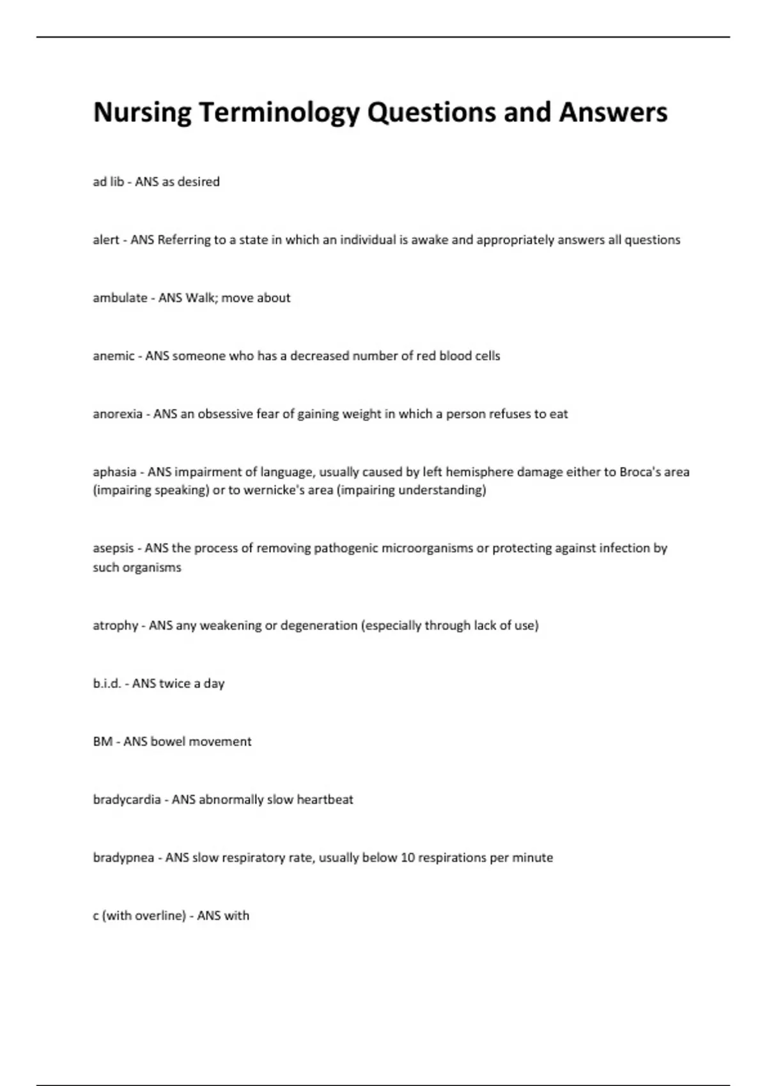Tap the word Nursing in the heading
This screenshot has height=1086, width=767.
click(142, 113)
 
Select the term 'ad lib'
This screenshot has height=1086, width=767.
click(108, 182)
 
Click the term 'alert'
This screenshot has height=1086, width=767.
click(106, 240)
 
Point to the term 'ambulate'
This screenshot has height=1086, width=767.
click(120, 298)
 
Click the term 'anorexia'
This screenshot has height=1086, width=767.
click(118, 415)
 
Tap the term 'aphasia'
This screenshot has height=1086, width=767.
click(114, 473)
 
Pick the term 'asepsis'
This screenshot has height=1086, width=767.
click(113, 549)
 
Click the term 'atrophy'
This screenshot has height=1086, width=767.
click(116, 626)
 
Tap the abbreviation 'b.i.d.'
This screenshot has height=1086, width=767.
click(107, 684)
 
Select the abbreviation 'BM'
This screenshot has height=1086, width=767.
click(102, 742)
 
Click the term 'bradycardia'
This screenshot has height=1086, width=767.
click(127, 800)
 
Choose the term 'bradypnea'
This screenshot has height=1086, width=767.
click(123, 859)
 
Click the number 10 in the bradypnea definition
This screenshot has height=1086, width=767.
click(408, 858)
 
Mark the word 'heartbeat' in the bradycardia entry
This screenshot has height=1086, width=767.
click(325, 800)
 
